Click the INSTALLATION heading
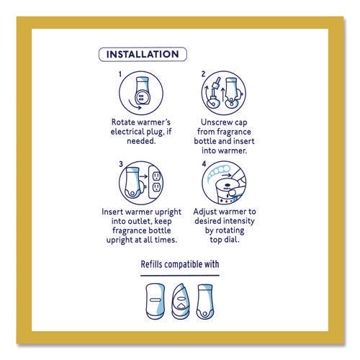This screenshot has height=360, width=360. point(143,54)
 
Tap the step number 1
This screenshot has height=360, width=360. point(120,74)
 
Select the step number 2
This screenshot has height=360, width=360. point(203,74)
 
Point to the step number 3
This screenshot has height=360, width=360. point(121,164)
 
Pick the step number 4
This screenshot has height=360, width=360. point(204,164)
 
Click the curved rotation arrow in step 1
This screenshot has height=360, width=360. point(134,105)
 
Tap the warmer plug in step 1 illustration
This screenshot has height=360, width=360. point(140,97)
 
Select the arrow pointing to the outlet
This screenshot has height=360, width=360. point(143,176)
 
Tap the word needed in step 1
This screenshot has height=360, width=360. point(141,141)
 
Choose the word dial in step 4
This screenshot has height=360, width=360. point(232,240)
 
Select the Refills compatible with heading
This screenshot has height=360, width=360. point(180,264)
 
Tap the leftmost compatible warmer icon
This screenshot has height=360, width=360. point(155,302)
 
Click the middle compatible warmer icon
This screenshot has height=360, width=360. point(181,302)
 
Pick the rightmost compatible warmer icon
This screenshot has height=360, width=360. point(204,302)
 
